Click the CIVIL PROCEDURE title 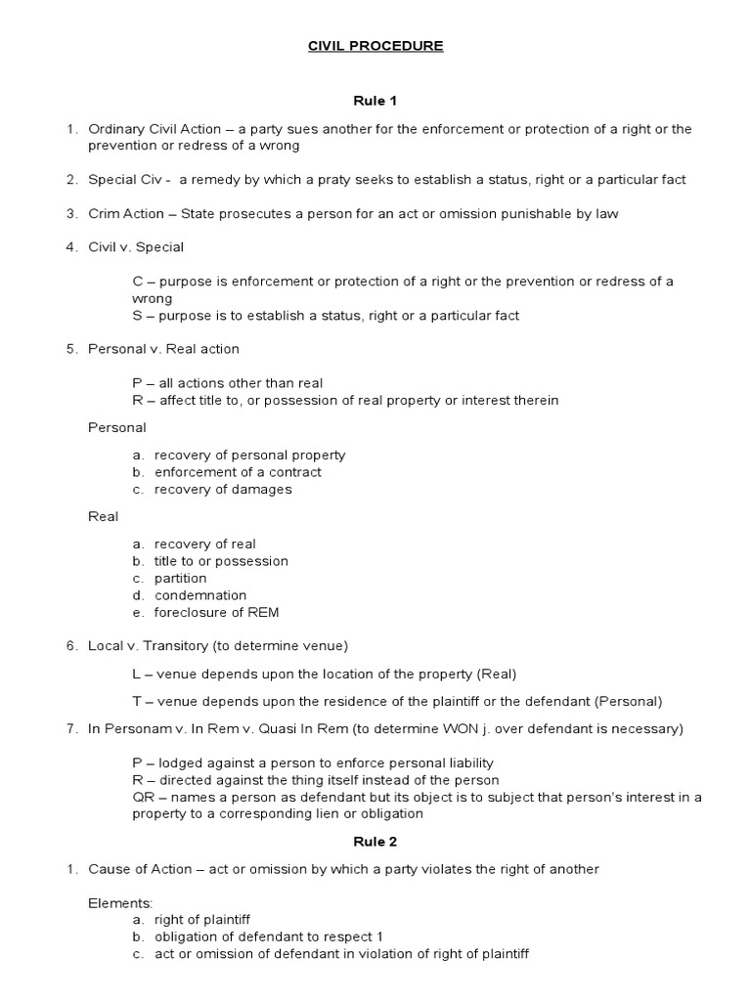click(x=375, y=46)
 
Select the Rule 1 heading click(x=375, y=100)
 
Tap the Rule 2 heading click(x=375, y=840)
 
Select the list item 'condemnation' click(x=199, y=595)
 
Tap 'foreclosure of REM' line click(x=216, y=613)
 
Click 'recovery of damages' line click(x=223, y=489)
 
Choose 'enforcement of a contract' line click(x=238, y=472)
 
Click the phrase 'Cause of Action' click(x=133, y=869)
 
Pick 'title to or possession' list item click(x=221, y=561)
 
